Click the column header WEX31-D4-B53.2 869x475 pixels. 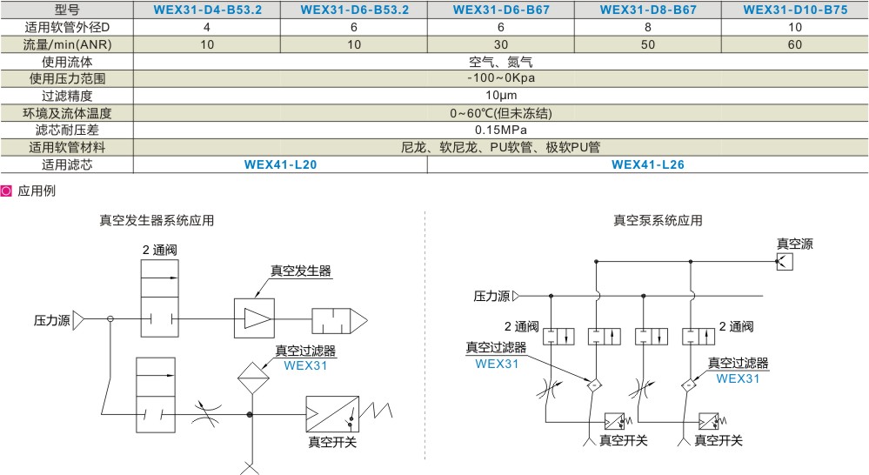[207, 10]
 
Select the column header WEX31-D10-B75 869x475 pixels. [795, 10]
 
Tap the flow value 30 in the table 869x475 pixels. [500, 44]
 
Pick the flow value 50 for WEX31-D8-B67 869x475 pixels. [647, 44]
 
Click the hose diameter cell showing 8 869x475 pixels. [648, 27]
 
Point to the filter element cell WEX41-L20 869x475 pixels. [280, 164]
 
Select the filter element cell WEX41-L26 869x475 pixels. [647, 164]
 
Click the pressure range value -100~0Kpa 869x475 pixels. [501, 78]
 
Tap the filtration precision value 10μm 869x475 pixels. [501, 96]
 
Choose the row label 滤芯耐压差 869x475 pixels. [67, 130]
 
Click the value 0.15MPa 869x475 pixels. [501, 130]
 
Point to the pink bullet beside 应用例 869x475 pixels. [6, 191]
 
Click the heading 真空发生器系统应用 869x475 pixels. [157, 221]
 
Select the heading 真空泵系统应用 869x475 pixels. [658, 221]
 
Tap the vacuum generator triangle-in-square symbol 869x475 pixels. [254, 318]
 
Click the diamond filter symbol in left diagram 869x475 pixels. [253, 378]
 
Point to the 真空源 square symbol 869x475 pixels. [785, 262]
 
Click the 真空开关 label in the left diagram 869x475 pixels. [332, 442]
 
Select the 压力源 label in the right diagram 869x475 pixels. [491, 297]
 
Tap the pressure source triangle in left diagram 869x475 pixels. [78, 320]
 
